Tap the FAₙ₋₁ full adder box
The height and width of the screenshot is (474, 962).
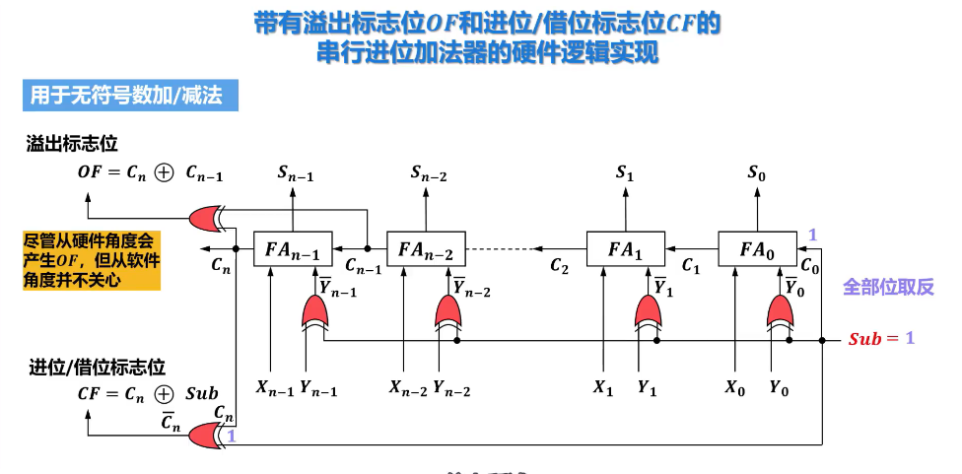pyautogui.click(x=292, y=248)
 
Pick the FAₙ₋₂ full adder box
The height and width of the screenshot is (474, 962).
pyautogui.click(x=426, y=248)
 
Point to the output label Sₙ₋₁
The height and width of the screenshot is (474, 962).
pyautogui.click(x=295, y=174)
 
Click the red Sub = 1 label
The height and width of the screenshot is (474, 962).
pyautogui.click(x=881, y=339)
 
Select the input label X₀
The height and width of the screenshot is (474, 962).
pyautogui.click(x=735, y=388)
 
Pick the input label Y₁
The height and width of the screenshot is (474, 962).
pyautogui.click(x=647, y=388)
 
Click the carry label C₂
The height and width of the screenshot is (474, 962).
pyautogui.click(x=559, y=266)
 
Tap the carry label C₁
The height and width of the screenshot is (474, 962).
pyautogui.click(x=691, y=266)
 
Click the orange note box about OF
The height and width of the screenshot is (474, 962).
pyautogui.click(x=91, y=260)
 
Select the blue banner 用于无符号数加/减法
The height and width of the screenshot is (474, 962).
pyautogui.click(x=131, y=96)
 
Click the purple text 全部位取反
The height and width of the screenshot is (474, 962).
pyautogui.click(x=888, y=287)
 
